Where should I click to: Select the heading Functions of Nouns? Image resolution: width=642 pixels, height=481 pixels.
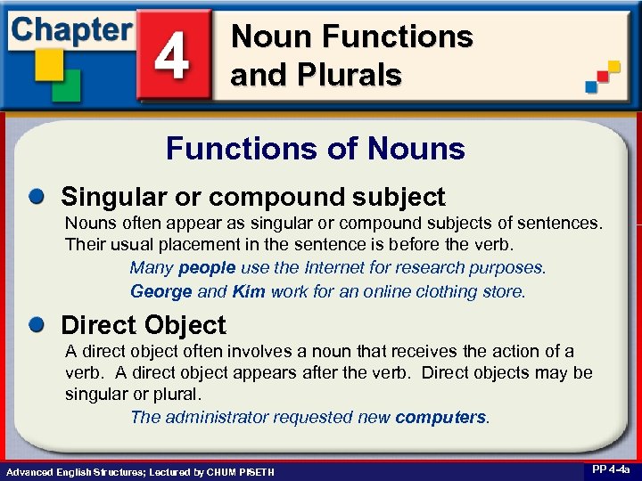[x=316, y=148]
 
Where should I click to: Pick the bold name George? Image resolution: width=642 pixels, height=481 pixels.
[x=161, y=291]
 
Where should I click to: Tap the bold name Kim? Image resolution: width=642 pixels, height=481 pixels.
[x=249, y=291]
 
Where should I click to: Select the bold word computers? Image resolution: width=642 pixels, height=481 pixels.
[x=441, y=417]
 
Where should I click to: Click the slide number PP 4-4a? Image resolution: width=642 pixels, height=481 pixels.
[x=609, y=469]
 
